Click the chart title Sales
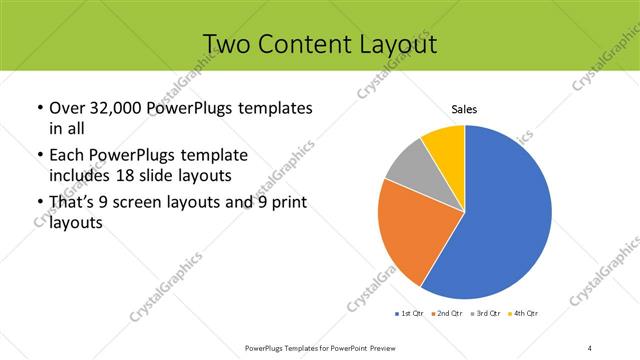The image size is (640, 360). pyautogui.click(x=465, y=109)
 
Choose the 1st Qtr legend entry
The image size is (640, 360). pyautogui.click(x=411, y=314)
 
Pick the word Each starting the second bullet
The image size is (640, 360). pyautogui.click(x=67, y=156)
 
